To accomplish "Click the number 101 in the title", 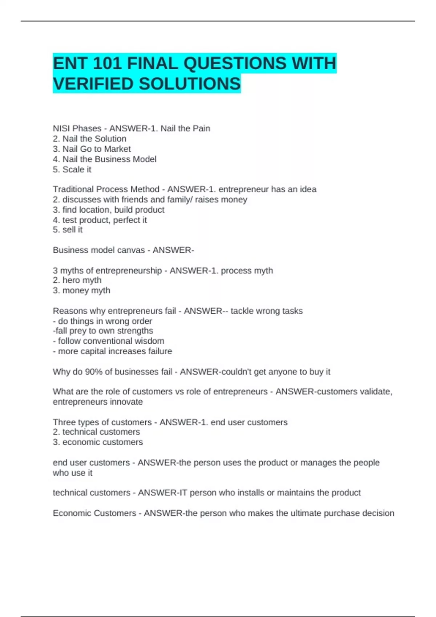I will point(107,64).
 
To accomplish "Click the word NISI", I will point(62,128).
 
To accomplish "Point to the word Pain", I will point(202,128).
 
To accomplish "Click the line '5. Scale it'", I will point(72,169).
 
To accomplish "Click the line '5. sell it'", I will point(68,230).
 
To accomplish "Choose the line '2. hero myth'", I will point(77,280).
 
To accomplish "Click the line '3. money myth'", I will point(81,290).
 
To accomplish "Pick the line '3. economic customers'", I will point(98,442).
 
